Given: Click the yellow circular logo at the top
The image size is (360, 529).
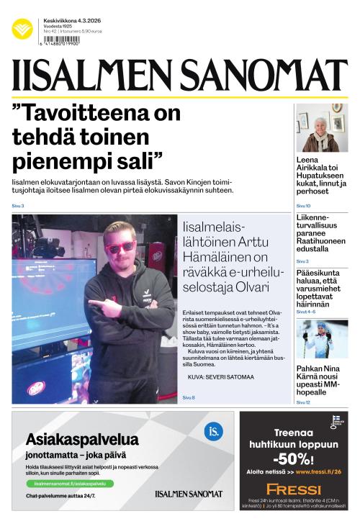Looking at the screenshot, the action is (x=22, y=29).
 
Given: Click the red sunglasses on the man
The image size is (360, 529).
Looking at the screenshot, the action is (x=120, y=246).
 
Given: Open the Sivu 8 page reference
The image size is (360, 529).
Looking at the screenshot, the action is (x=189, y=397).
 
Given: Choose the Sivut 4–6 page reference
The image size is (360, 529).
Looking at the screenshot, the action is (x=305, y=312).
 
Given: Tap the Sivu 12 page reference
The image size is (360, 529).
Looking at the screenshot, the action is (x=303, y=402).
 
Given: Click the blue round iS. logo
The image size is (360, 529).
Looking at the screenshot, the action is (x=213, y=431).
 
